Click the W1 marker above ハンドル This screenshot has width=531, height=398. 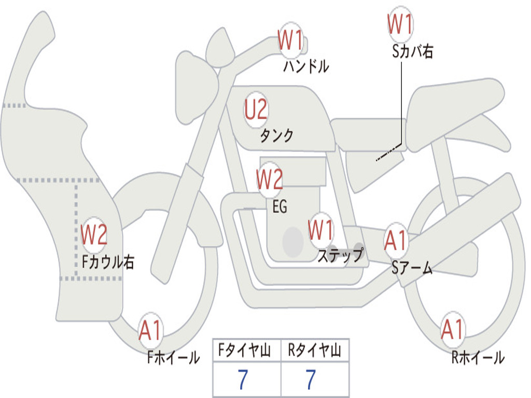pos(291,40)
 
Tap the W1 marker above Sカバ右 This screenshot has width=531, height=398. pos(400,24)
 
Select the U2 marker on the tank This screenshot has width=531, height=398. pos(256,110)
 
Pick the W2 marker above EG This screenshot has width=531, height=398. pos(270,179)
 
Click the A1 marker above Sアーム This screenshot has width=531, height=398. pos(397,240)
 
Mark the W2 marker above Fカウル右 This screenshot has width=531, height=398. pos(94,235)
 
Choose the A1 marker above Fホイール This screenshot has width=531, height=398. pos(150,331)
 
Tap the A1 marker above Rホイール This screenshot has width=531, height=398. pos(453,330)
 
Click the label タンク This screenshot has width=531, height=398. pos(276,136)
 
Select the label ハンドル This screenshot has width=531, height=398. pos(306,66)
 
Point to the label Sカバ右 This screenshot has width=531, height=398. pos(413,51)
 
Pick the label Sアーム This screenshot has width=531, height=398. pos(412,268)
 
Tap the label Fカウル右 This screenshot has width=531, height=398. pos(108,262)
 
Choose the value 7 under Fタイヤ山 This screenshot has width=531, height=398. pos(243,380)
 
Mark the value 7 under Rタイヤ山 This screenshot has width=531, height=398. pos(311,380)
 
